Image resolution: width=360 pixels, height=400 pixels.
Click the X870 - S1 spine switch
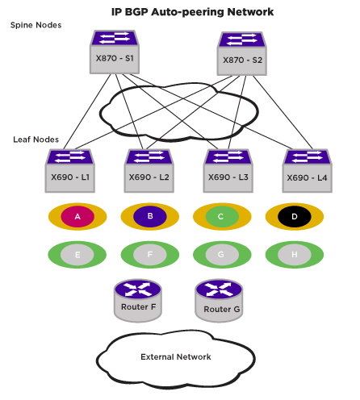[115, 52]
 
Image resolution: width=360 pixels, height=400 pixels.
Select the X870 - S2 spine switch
[242, 53]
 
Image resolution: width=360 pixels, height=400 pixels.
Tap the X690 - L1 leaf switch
[70, 171]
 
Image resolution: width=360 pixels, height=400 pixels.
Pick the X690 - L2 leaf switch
[149, 171]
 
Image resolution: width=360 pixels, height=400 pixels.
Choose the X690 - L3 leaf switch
[228, 171]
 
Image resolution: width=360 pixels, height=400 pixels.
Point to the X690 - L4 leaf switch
[308, 171]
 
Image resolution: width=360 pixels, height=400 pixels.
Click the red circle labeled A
[77, 216]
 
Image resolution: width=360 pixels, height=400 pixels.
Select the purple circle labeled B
[150, 216]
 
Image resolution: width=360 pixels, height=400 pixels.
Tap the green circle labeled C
[222, 216]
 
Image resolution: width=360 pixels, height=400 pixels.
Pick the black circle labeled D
[295, 216]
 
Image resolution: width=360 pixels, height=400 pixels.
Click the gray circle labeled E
[77, 255]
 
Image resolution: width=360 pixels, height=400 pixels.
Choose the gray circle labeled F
[150, 255]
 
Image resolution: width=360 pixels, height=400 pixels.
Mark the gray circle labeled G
[222, 255]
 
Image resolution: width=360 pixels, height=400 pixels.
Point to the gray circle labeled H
[295, 255]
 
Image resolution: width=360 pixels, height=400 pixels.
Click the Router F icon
[138, 301]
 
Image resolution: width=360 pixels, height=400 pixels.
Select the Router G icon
[219, 301]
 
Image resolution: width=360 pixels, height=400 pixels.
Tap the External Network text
[176, 356]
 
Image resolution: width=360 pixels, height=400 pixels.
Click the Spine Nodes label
[36, 25]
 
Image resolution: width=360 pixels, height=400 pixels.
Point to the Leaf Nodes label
[36, 140]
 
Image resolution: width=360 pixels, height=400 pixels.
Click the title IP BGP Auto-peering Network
[193, 12]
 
